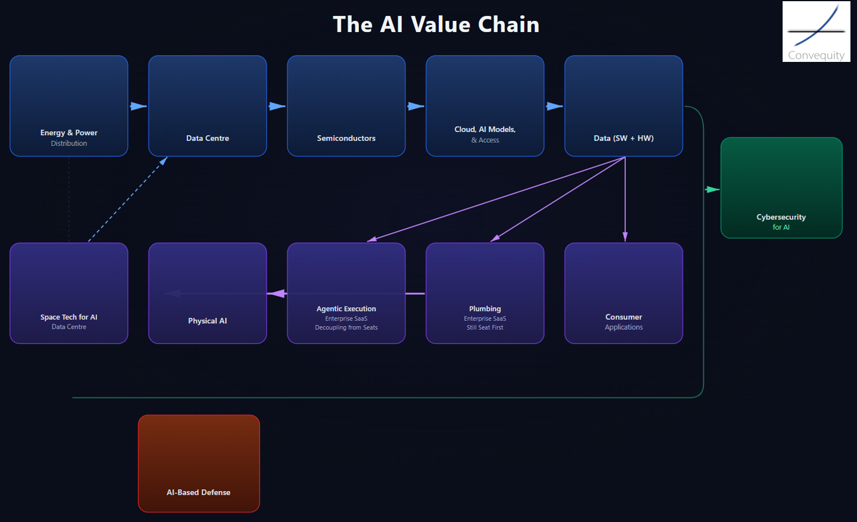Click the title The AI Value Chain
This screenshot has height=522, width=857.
pos(436,24)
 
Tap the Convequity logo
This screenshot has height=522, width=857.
pos(816,32)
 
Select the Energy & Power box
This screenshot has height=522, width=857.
pos(69,106)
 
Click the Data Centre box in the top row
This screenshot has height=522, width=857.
pos(208,106)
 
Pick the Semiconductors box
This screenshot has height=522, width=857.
pos(346,106)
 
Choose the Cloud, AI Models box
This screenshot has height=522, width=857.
pos(485,106)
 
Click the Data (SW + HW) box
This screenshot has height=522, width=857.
pos(624,106)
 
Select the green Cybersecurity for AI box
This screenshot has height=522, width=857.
pos(781,188)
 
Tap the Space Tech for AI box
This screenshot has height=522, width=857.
pos(69,293)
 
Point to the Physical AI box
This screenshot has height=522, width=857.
pos(208,293)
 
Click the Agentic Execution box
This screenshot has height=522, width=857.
pos(346,293)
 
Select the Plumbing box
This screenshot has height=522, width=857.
pos(485,293)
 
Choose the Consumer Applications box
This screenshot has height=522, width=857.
pos(624,293)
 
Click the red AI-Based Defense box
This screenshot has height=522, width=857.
pos(199,463)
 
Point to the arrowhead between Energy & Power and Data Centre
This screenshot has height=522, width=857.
pos(139,107)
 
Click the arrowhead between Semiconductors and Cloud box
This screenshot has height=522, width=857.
pos(416,107)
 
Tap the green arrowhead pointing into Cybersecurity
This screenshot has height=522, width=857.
pos(712,190)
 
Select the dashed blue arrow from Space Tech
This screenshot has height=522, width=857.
pos(127,199)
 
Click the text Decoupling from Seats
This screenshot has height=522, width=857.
pos(346,327)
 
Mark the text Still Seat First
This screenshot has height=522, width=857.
pos(485,327)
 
